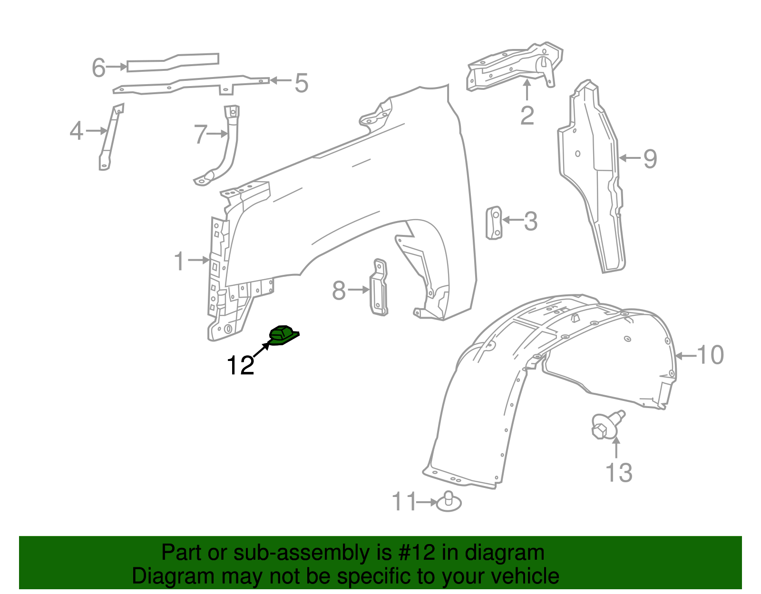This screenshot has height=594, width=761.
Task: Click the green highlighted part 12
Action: tap(283, 335)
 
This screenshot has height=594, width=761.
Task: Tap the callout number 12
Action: tap(241, 365)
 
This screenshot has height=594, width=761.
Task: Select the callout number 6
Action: tap(98, 67)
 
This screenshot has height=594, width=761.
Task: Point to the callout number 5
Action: tap(302, 83)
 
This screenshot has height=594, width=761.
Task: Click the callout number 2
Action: tap(527, 116)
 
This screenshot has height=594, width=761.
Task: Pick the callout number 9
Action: tap(650, 158)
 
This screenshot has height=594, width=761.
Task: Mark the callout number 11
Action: tap(404, 502)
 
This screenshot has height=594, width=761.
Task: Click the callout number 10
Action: tap(711, 355)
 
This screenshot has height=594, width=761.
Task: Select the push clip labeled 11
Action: tap(449, 502)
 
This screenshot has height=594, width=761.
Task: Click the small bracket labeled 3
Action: tap(494, 223)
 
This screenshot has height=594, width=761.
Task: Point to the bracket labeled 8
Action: tap(379, 288)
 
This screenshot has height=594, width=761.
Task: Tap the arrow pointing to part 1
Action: tap(199, 260)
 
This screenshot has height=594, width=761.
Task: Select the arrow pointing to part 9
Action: tap(630, 158)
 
